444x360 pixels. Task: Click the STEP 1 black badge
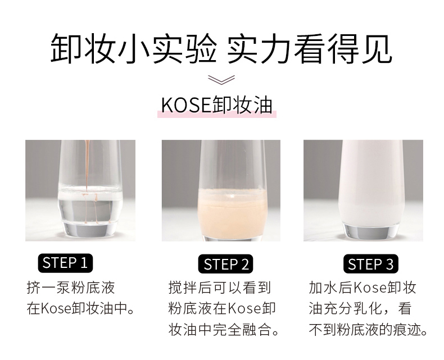pyautogui.click(x=65, y=263)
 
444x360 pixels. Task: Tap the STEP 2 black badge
pyautogui.click(x=225, y=264)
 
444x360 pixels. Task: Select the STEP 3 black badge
pyautogui.click(x=371, y=264)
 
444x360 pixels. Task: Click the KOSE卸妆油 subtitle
pyautogui.click(x=216, y=105)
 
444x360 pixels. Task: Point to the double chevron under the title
pyautogui.click(x=221, y=80)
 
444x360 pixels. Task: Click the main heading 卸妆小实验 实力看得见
pyautogui.click(x=221, y=49)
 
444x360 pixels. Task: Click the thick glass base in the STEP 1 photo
pyautogui.click(x=90, y=229)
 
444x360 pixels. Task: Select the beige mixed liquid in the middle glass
pyautogui.click(x=232, y=212)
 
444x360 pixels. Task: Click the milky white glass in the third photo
pyautogui.click(x=370, y=184)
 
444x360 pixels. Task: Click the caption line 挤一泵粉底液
pyautogui.click(x=71, y=288)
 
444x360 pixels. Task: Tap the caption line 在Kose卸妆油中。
pyautogui.click(x=81, y=308)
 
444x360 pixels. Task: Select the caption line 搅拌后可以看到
pyautogui.click(x=220, y=288)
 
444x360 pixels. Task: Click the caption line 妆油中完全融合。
pyautogui.click(x=224, y=330)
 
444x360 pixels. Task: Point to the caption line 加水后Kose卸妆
pyautogui.click(x=362, y=288)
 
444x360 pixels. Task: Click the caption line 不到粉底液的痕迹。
pyautogui.click(x=368, y=330)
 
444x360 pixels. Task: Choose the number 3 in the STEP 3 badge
pyautogui.click(x=390, y=265)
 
